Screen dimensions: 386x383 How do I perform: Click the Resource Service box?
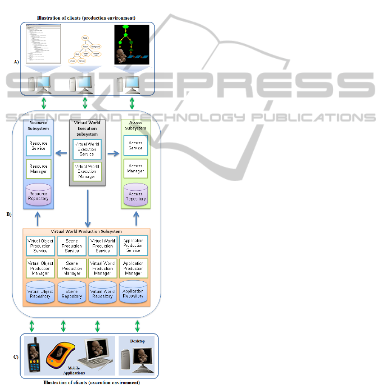39,146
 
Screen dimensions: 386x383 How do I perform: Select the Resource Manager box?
39,169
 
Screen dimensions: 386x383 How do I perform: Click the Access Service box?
136,146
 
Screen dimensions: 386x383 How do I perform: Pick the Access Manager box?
136,169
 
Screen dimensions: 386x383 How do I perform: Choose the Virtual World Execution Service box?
87,149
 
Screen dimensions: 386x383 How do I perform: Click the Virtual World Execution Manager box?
87,171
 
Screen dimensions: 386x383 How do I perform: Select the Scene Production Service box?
72,246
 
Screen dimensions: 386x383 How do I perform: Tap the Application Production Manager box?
133,268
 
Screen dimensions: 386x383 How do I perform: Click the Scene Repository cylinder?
72,293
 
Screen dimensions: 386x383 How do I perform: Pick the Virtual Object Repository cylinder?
40,293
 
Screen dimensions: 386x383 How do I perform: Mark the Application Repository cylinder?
133,292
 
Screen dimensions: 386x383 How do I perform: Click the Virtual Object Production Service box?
40,246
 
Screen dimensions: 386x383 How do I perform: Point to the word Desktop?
137,341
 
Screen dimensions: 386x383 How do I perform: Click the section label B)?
9,214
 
